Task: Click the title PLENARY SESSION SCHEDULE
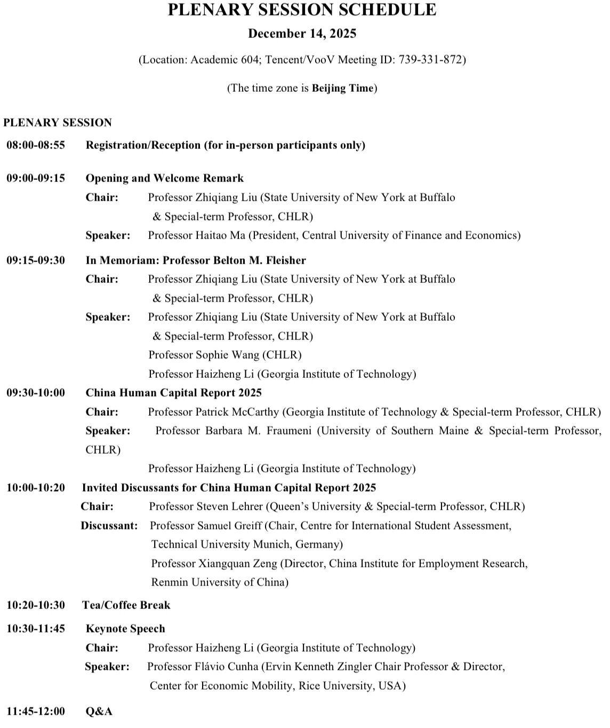coord(302,10)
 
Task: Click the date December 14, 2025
coord(302,34)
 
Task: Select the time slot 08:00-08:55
coord(36,145)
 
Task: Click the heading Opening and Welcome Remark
coord(164,178)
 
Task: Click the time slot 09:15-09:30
coord(36,260)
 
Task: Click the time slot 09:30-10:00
coord(36,393)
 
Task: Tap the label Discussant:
coord(109,526)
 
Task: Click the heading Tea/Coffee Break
coord(126,605)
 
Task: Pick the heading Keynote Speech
coord(125,629)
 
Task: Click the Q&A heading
coord(99,711)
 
